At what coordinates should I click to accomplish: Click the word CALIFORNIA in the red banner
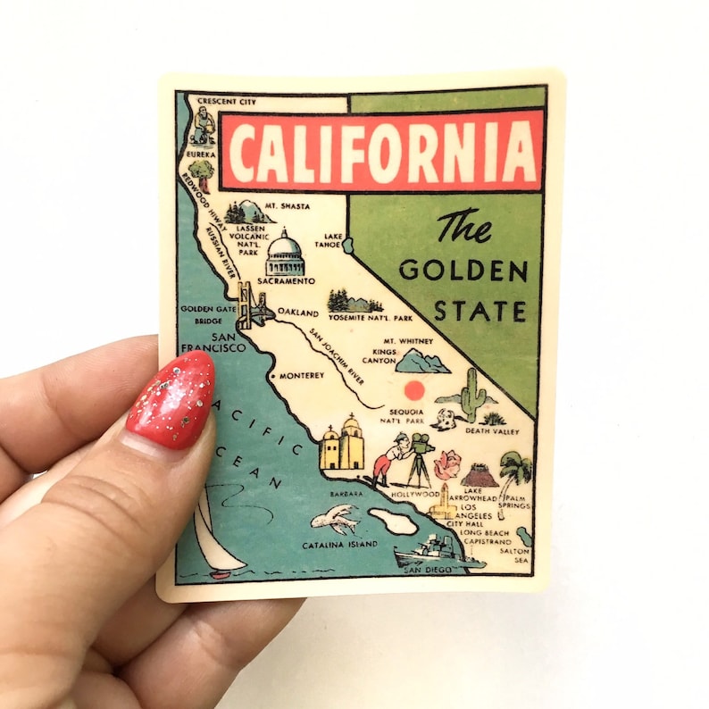[381, 151]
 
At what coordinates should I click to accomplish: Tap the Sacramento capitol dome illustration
[285, 254]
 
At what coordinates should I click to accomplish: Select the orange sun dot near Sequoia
[413, 389]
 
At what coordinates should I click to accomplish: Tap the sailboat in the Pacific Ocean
[215, 537]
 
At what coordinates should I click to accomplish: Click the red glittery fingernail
[172, 399]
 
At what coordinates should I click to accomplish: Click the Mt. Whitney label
[408, 341]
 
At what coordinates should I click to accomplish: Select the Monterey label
[301, 376]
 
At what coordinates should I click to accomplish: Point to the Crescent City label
[226, 102]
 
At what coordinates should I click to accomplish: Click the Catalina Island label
[339, 545]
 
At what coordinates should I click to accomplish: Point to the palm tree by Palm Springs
[514, 471]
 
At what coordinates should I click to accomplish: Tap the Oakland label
[297, 313]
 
